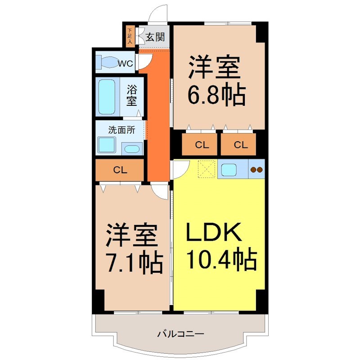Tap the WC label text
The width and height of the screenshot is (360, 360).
pyautogui.click(x=125, y=63)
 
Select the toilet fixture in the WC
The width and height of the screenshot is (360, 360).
pyautogui.click(x=106, y=63)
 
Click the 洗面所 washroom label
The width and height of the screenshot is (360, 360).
pyautogui.click(x=121, y=130)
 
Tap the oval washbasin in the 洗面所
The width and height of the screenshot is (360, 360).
pyautogui.click(x=132, y=149)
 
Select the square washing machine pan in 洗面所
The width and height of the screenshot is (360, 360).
pyautogui.click(x=107, y=145)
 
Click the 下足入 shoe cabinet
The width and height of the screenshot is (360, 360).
pyautogui.click(x=130, y=36)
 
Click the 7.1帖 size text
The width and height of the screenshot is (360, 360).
pyautogui.click(x=134, y=263)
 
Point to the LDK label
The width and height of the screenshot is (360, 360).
pyautogui.click(x=215, y=234)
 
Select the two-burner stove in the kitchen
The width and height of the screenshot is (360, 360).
pyautogui.click(x=256, y=170)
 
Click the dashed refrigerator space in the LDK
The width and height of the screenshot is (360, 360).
pyautogui.click(x=207, y=169)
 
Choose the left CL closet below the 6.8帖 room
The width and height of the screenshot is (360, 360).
pyautogui.click(x=202, y=145)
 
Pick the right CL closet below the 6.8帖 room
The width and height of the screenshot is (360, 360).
pyautogui.click(x=240, y=145)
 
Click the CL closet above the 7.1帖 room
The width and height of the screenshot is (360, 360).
pyautogui.click(x=119, y=170)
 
